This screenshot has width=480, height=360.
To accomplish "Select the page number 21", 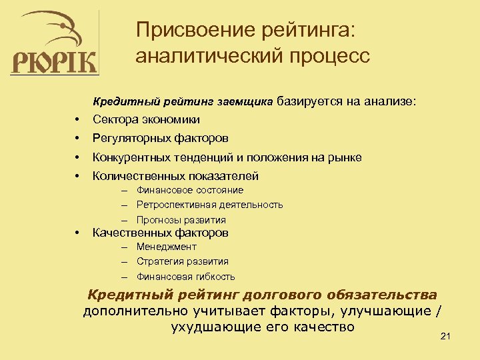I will pos(446,337).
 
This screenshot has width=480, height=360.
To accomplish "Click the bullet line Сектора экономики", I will pos(146,119).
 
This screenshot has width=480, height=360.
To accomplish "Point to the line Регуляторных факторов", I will pos(160,139).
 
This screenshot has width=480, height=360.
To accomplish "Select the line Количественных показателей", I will pos(175,176).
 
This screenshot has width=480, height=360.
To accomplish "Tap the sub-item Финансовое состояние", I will pos(189,190).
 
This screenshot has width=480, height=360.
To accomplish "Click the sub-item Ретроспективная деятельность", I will pos(209,205).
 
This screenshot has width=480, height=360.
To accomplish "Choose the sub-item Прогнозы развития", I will pos(181,220).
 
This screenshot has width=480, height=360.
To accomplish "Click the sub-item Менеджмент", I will pos(166,247).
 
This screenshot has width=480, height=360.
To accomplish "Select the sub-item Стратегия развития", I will pos(182,261).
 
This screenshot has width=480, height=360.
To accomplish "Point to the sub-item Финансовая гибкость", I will pos(185,277).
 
